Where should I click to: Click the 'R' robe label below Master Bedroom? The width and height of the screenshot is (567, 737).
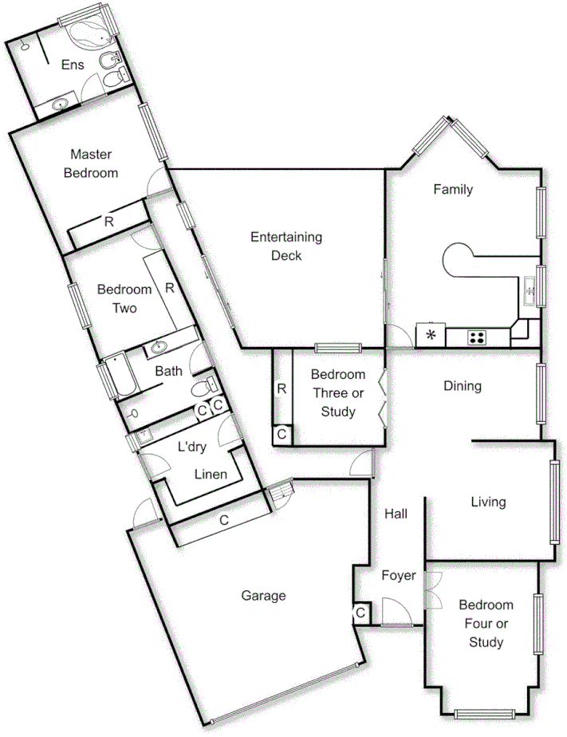point(108,222)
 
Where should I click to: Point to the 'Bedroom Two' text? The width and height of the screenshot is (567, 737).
point(124,298)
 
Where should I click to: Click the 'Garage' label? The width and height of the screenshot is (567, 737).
point(263,595)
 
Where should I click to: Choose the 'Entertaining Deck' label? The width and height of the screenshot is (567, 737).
point(286,246)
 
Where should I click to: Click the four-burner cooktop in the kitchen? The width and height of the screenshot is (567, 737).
point(477,337)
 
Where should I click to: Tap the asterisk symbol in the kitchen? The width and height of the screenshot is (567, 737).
point(431,335)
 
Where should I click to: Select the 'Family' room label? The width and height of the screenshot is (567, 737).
point(453,189)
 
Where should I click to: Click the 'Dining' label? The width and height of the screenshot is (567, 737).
point(463,387)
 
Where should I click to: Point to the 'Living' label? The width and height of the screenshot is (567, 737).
point(488,502)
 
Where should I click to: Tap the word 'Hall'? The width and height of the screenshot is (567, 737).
point(396,514)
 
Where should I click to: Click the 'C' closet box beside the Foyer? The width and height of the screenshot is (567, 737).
point(361,613)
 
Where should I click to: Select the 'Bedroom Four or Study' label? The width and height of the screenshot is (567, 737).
point(486,624)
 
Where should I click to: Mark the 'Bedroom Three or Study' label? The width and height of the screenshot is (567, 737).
point(338,393)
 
